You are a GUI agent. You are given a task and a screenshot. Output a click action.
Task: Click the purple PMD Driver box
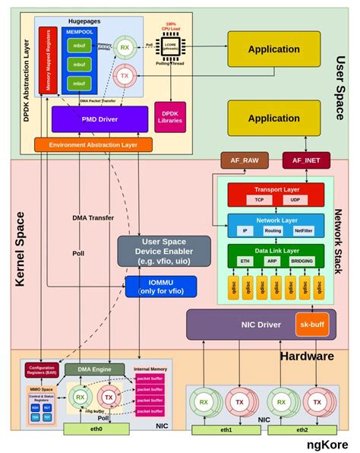pos(99,119)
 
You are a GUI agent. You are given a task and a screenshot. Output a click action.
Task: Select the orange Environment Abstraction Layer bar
pos(93,144)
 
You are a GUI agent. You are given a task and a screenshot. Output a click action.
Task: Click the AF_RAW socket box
pos(241,160)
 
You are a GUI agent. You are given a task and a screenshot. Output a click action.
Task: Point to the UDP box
pos(295,200)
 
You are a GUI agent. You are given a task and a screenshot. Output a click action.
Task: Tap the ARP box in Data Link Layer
pos(271,260)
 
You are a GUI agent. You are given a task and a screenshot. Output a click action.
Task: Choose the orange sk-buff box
pos(312,324)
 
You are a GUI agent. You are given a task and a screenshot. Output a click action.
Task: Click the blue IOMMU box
pos(161,287)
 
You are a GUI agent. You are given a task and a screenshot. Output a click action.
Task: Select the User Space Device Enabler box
pos(163,251)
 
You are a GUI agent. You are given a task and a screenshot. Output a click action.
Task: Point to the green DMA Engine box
pos(94,369)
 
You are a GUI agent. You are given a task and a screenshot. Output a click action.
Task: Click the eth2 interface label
pos(302,429)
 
